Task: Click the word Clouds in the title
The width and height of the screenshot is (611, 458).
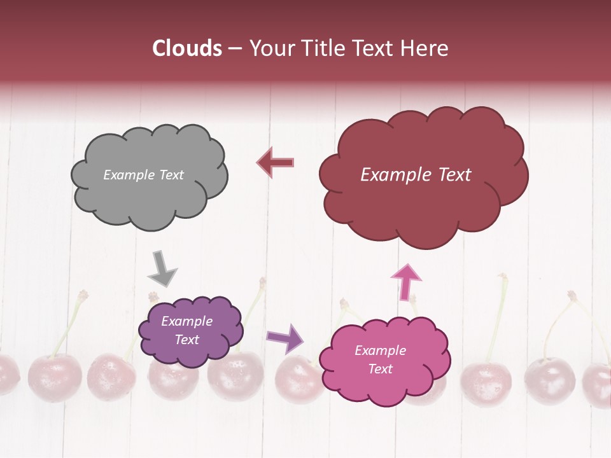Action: pos(187,48)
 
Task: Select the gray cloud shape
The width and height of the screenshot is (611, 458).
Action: pos(149,197)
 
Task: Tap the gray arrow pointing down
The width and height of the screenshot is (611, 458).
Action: pos(162,268)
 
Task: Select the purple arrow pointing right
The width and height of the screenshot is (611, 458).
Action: pos(285,338)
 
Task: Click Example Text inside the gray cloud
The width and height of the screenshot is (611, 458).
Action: pos(143,175)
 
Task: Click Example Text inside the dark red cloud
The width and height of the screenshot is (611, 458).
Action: pos(416,175)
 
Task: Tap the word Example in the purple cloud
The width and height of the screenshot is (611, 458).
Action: pos(187,322)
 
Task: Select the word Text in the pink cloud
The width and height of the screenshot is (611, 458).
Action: pos(381,369)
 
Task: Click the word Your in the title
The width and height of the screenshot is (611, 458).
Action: pos(268,48)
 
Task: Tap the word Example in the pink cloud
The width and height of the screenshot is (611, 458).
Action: pos(380,350)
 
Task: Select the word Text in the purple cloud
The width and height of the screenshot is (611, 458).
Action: pos(187,340)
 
